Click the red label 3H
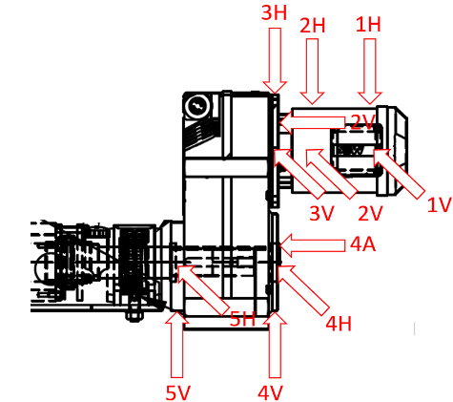click(274, 13)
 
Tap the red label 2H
click(313, 26)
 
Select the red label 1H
click(368, 25)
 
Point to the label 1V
click(440, 204)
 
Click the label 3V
click(322, 213)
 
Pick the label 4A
click(362, 244)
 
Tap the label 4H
click(339, 324)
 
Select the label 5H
click(242, 319)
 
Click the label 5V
click(178, 392)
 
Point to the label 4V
click(270, 392)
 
